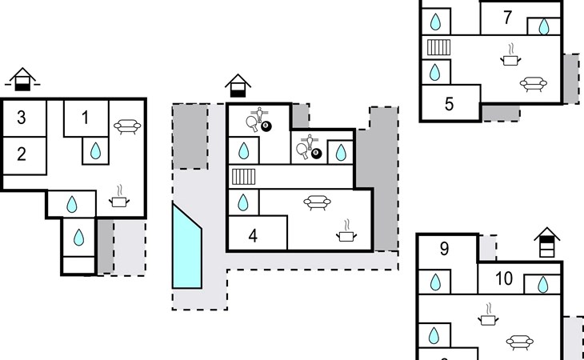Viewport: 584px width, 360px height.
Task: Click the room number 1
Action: click(x=86, y=118)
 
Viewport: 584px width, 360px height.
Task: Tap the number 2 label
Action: click(x=22, y=154)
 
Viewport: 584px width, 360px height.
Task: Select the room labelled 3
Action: click(x=22, y=118)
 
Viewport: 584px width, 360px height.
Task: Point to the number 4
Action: click(x=253, y=236)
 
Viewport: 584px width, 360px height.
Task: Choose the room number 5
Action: click(x=449, y=103)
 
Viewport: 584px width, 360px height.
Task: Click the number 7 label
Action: click(x=507, y=17)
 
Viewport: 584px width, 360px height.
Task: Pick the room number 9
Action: click(x=444, y=249)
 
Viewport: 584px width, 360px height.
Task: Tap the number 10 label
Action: click(x=504, y=279)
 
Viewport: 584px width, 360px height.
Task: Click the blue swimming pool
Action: click(x=187, y=248)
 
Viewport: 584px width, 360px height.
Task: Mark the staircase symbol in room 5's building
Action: click(x=438, y=47)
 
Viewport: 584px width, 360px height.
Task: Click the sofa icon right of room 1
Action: click(x=127, y=126)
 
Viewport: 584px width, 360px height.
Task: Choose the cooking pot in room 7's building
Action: click(x=510, y=58)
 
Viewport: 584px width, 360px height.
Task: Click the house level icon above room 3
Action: click(x=23, y=78)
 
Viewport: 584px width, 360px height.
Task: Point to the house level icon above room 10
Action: click(x=546, y=242)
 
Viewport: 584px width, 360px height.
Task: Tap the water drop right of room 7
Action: click(x=544, y=27)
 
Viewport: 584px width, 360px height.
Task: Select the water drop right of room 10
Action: click(x=542, y=284)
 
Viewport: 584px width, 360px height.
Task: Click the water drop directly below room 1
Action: click(x=95, y=150)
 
